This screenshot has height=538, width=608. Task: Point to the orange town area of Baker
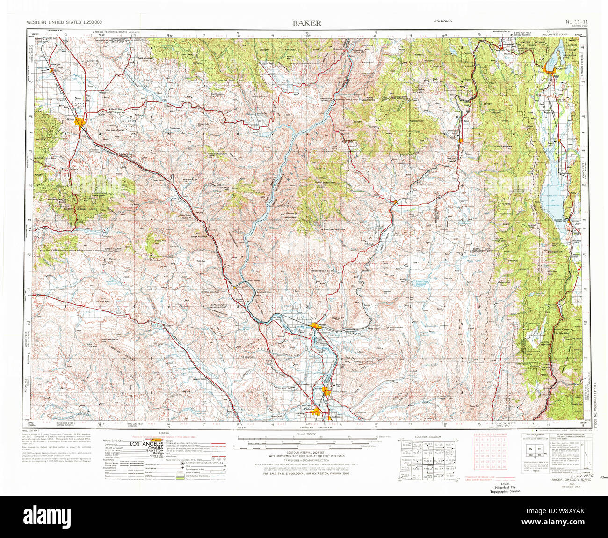pos(83,124)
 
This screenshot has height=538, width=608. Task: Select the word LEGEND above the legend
pos(164,433)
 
